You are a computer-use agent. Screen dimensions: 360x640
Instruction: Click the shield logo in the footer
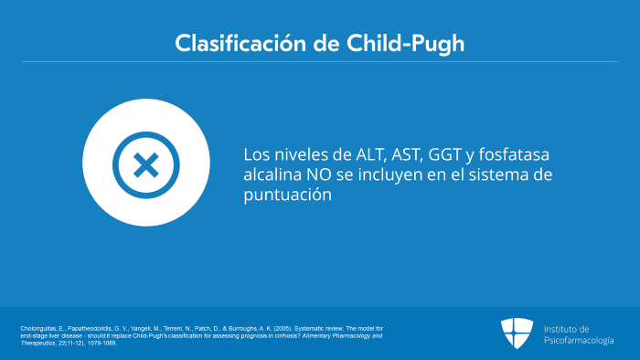[x=517, y=333]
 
